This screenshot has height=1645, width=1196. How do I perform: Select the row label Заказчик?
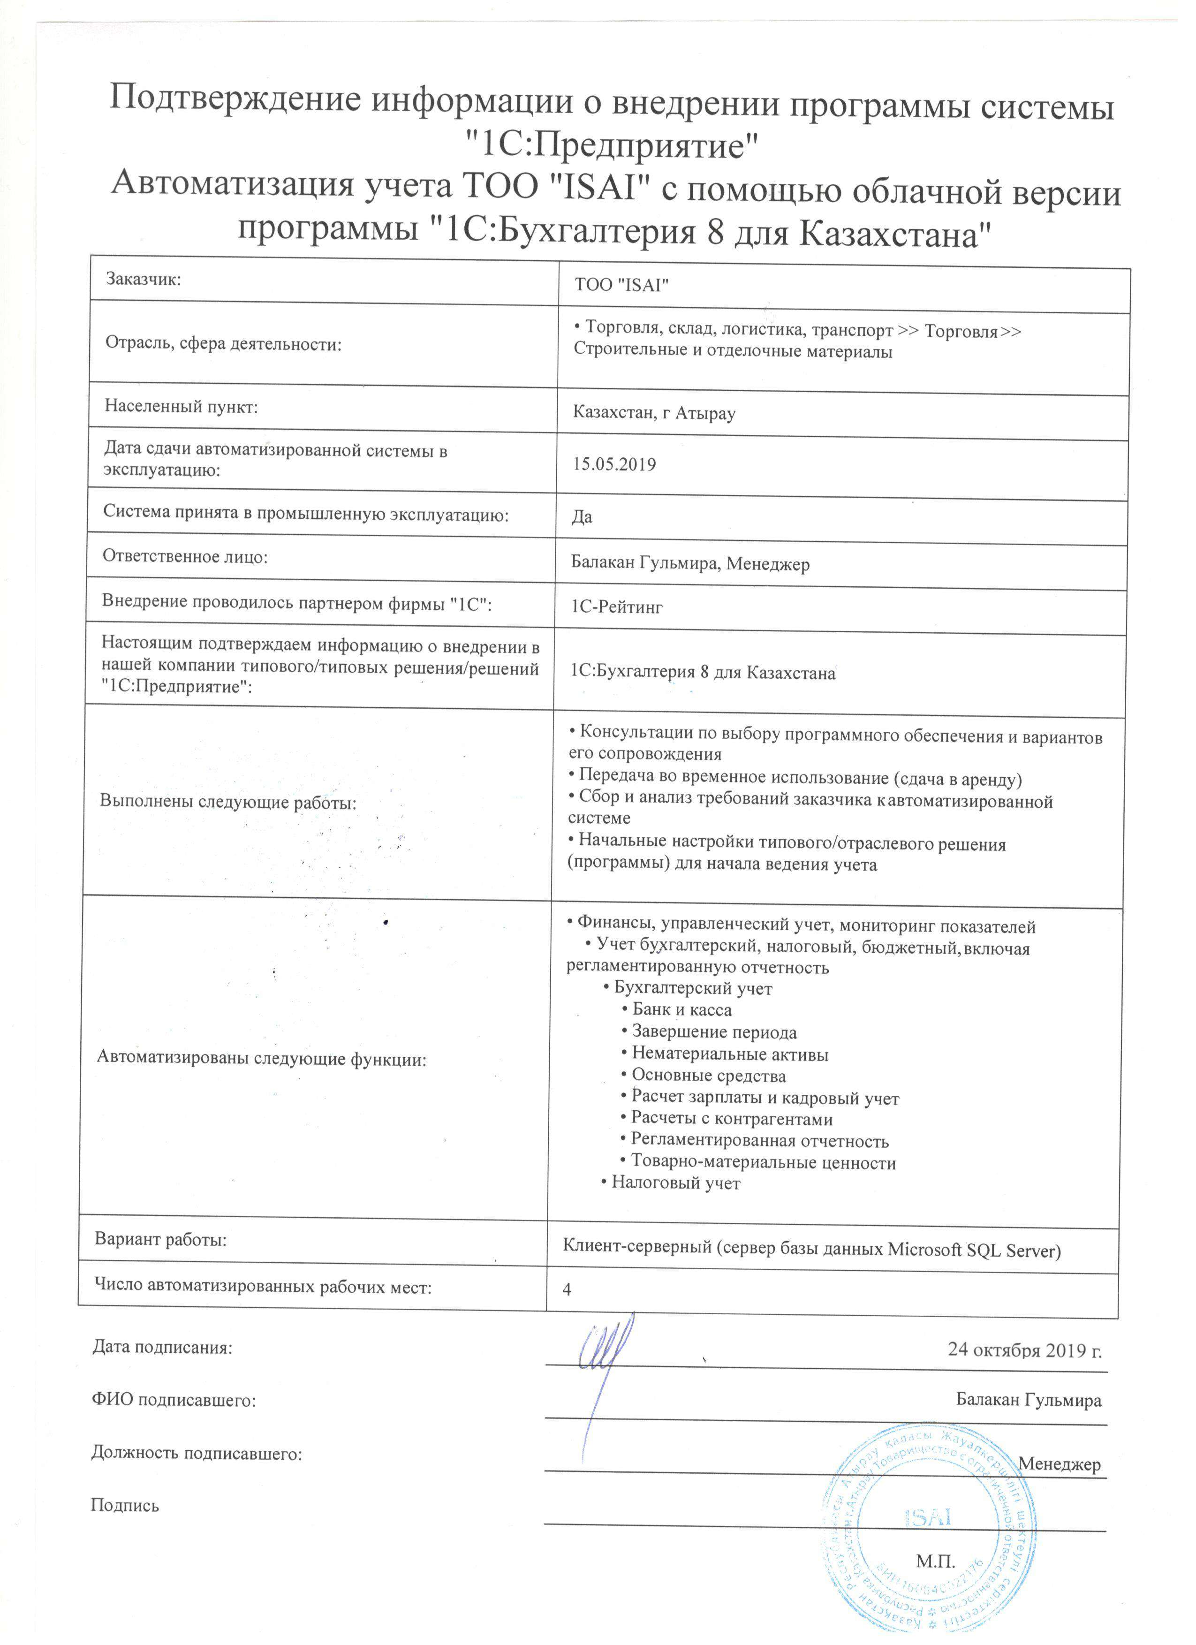tap(143, 279)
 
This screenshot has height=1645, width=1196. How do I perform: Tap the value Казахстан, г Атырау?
tap(654, 413)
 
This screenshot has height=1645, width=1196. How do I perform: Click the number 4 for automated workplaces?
tap(567, 1289)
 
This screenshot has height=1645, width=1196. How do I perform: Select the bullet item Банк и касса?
tap(681, 1009)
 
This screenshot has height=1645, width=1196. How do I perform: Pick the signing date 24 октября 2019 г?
tap(1025, 1350)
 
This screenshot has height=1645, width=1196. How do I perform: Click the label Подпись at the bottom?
tap(125, 1506)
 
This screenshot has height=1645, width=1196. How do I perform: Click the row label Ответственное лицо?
tap(185, 556)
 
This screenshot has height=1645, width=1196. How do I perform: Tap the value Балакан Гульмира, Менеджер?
tap(690, 563)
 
